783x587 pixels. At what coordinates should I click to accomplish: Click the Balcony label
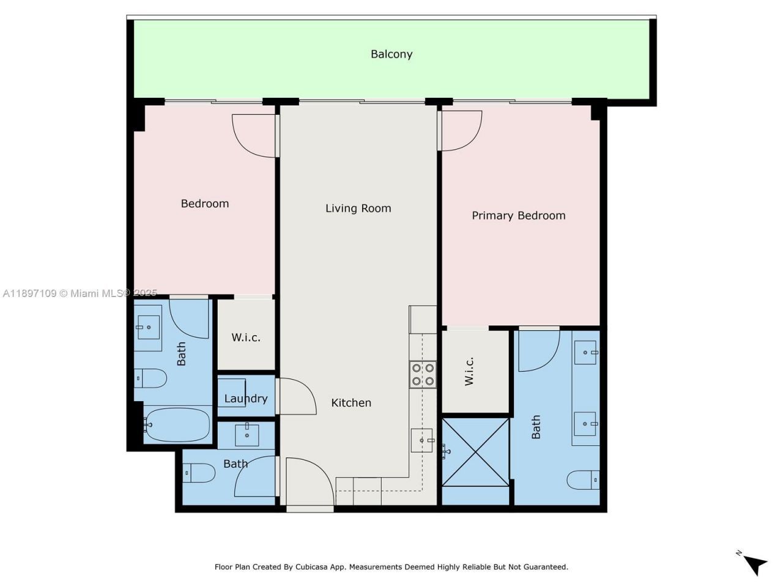(391, 54)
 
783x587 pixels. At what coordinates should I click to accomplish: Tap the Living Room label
(358, 208)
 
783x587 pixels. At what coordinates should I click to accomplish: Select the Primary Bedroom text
(518, 215)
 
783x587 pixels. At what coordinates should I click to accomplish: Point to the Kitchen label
(351, 402)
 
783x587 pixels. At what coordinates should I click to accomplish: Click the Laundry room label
(246, 399)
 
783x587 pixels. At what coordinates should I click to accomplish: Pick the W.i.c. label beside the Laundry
(246, 338)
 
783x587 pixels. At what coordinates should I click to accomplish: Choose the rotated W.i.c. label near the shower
(469, 371)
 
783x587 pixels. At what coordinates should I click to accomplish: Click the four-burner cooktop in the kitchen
(423, 374)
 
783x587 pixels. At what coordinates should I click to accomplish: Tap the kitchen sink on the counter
(422, 440)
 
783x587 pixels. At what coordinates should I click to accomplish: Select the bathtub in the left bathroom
(178, 424)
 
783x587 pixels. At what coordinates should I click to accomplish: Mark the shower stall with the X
(475, 452)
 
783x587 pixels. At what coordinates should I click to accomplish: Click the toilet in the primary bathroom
(583, 480)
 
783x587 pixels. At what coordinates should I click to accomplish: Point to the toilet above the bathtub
(150, 378)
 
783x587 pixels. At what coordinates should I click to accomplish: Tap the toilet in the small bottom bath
(199, 473)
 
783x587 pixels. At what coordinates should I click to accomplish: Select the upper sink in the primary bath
(585, 353)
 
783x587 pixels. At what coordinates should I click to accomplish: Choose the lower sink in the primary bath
(585, 423)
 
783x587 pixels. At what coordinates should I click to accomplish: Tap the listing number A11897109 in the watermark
(29, 293)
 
